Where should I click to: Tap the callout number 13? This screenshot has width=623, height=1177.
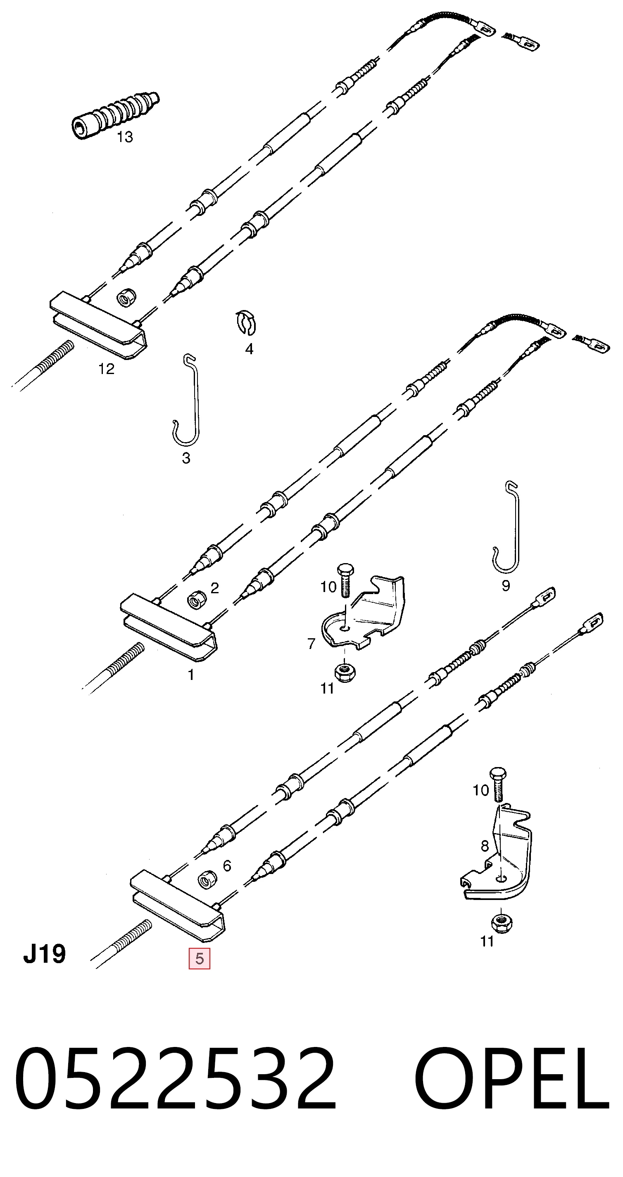125,137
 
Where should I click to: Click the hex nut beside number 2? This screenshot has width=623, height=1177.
197,599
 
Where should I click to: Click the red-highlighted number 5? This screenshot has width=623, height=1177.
200,959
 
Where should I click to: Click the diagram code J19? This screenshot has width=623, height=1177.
44,954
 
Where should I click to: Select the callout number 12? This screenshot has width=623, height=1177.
107,369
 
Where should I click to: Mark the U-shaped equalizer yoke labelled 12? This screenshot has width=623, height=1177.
98,324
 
